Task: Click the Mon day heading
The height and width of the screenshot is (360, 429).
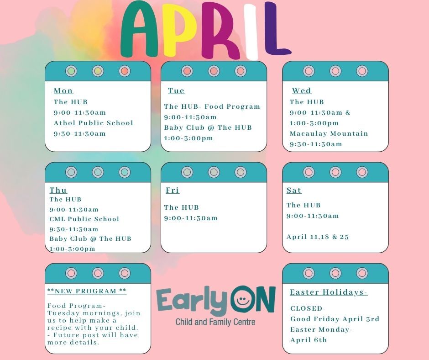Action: click(63, 91)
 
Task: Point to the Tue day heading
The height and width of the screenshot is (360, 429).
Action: click(176, 91)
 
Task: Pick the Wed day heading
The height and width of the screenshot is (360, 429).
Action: click(302, 91)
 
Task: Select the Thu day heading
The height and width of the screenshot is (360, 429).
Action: click(58, 190)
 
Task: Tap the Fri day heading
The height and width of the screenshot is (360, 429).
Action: click(173, 190)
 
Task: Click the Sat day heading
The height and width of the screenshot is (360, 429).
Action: click(294, 190)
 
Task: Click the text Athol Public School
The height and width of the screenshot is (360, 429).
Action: click(94, 123)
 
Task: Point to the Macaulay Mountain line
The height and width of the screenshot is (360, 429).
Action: click(329, 133)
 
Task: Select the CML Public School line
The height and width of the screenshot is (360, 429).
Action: click(84, 219)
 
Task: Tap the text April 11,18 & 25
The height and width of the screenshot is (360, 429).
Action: click(318, 237)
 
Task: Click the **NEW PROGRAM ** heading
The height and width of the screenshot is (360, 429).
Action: click(87, 291)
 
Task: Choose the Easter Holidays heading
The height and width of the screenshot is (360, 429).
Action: click(329, 292)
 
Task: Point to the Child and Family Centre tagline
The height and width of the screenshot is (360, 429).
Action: click(215, 322)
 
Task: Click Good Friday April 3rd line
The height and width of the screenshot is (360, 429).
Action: click(335, 319)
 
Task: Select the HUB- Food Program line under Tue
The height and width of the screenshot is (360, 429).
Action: click(212, 106)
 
